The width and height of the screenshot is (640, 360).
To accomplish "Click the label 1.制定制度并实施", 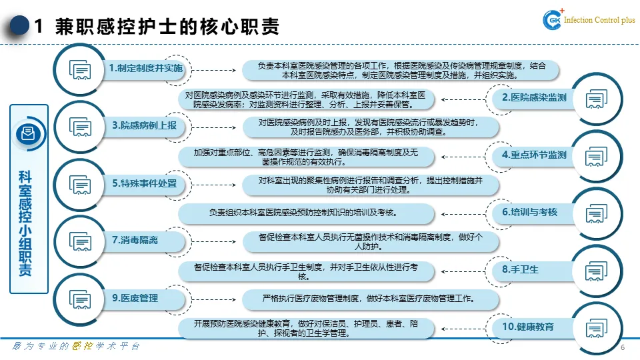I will click(145, 69).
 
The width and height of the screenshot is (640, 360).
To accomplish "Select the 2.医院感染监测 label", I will click(534, 98).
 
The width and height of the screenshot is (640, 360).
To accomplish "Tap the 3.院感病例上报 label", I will click(145, 125).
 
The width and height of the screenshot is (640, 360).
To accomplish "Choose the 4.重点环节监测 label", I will click(534, 155).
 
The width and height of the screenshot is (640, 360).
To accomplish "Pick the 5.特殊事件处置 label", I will click(145, 183).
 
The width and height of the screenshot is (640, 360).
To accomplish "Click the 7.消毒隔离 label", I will click(135, 240).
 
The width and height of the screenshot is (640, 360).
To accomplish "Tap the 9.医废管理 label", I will click(135, 298).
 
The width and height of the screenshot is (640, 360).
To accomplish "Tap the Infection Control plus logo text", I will click(599, 20).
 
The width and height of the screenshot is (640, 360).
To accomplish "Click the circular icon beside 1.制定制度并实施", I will click(79, 69).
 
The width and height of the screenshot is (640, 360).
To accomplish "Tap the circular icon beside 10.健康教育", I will click(595, 327).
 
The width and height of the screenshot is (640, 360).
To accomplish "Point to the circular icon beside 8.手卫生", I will click(595, 270).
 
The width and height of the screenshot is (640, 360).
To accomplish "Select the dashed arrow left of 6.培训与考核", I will click(462, 212).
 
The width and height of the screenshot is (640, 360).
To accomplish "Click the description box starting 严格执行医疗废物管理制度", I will click(369, 298).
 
